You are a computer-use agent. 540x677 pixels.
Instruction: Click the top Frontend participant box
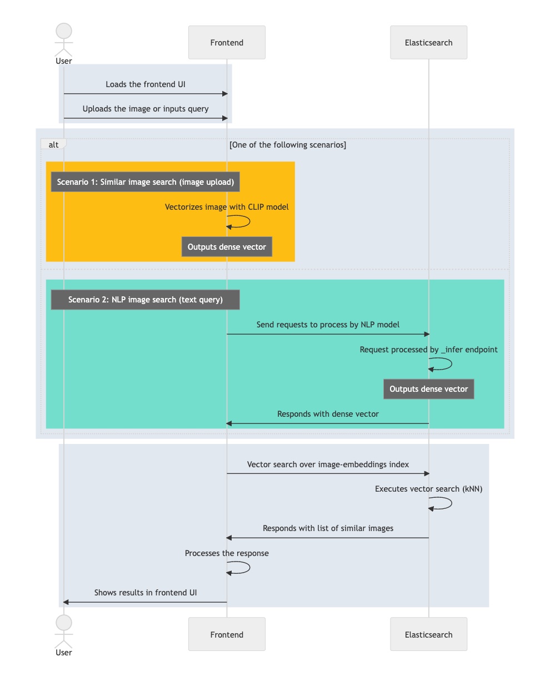point(227,43)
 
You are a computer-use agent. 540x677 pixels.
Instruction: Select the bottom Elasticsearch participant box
point(428,634)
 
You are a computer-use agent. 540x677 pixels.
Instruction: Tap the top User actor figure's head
point(64,31)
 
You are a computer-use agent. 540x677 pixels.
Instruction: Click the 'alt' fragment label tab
point(53,144)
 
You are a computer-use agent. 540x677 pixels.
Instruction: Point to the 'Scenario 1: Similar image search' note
point(145,182)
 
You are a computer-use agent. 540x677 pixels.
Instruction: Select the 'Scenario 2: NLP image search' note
point(145,300)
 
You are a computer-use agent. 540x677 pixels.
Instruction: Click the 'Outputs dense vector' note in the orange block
point(227,246)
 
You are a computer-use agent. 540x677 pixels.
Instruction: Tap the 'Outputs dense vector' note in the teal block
point(428,389)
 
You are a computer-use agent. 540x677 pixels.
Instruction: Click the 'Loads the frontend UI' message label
point(145,84)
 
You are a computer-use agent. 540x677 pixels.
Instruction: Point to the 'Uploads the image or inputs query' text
point(145,109)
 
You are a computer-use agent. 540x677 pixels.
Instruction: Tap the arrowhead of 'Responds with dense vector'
point(229,423)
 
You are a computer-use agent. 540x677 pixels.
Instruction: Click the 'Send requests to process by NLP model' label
point(328,325)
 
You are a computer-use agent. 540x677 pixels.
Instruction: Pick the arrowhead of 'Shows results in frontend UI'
point(66,602)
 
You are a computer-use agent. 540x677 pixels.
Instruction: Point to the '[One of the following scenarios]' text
point(288,145)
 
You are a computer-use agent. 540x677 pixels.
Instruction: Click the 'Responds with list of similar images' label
point(328,528)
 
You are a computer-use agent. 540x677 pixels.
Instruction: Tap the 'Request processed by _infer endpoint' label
point(428,350)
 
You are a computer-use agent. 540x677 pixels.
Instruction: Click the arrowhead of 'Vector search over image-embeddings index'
point(427,473)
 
